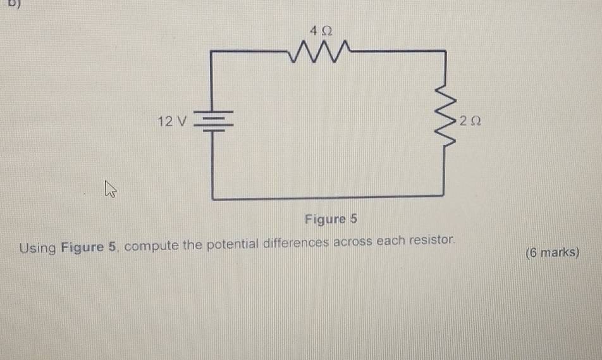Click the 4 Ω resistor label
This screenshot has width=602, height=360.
[x=321, y=30]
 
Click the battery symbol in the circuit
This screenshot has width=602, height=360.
[x=212, y=120]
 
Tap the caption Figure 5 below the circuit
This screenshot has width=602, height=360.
[x=331, y=220]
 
